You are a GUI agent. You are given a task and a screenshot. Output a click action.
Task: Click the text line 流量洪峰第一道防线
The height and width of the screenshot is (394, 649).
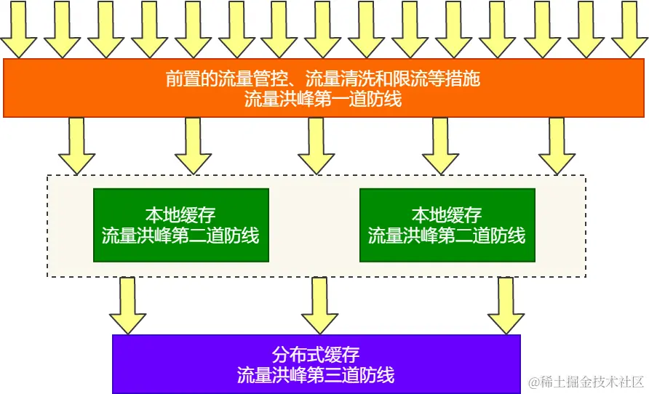click(x=323, y=100)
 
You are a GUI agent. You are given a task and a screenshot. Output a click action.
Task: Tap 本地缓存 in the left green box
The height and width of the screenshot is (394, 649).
click(x=180, y=215)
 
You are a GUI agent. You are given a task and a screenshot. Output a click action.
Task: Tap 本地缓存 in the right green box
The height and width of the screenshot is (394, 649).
click(x=447, y=215)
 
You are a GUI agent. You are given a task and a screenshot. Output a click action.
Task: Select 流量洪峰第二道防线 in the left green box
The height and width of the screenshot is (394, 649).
click(x=180, y=236)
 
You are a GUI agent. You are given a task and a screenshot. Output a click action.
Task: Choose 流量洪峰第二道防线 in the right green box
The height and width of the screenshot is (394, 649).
click(x=447, y=236)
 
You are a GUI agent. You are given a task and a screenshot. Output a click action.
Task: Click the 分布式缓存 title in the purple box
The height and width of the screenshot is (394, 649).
click(x=316, y=355)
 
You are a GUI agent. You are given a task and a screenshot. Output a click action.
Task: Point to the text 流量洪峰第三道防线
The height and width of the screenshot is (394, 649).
click(x=316, y=375)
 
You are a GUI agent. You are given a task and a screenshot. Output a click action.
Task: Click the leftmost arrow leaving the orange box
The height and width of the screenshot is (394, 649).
click(x=76, y=145)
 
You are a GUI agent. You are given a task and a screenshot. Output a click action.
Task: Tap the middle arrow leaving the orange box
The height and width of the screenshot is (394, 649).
click(x=316, y=145)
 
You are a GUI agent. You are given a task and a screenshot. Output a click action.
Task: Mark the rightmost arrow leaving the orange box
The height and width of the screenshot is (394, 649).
click(x=557, y=145)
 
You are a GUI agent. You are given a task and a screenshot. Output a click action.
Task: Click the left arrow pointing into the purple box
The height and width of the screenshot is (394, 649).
click(x=127, y=305)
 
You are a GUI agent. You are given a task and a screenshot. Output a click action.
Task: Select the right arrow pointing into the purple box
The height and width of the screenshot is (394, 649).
click(x=506, y=305)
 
